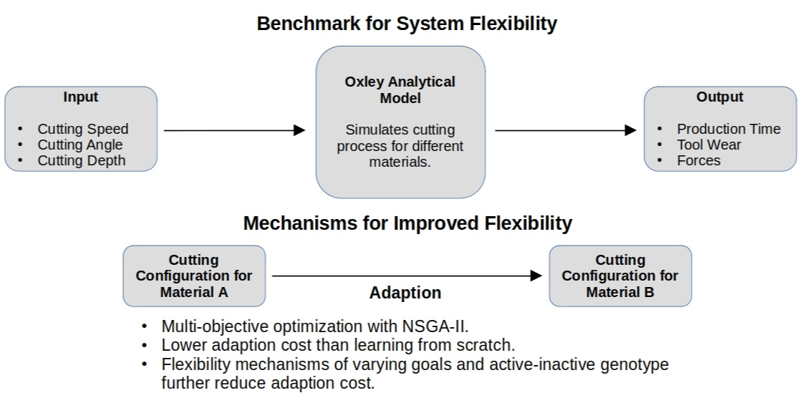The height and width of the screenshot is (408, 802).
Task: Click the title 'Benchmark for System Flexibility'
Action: click(x=407, y=24)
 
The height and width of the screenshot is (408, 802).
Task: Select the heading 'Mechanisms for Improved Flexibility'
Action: click(x=407, y=223)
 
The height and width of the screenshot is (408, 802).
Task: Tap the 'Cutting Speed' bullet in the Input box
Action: click(x=83, y=129)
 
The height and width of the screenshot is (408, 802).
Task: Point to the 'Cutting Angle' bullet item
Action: click(x=80, y=145)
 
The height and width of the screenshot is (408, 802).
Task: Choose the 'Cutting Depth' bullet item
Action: click(x=82, y=160)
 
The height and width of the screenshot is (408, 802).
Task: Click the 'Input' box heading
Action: click(x=81, y=97)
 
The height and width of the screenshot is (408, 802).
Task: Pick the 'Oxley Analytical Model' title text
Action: click(x=400, y=89)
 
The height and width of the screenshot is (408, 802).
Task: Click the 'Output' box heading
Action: click(x=720, y=97)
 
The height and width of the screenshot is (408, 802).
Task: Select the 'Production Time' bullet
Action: click(x=728, y=129)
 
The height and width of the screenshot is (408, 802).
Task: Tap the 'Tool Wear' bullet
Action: click(x=709, y=145)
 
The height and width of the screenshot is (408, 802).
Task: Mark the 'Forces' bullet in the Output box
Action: click(x=699, y=160)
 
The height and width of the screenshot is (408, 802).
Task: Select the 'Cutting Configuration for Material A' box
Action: click(x=194, y=276)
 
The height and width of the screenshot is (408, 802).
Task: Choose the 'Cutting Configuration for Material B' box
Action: click(x=620, y=276)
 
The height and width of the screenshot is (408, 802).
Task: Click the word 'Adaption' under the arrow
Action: click(x=405, y=293)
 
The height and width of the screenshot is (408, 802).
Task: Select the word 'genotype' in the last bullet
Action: click(x=633, y=364)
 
